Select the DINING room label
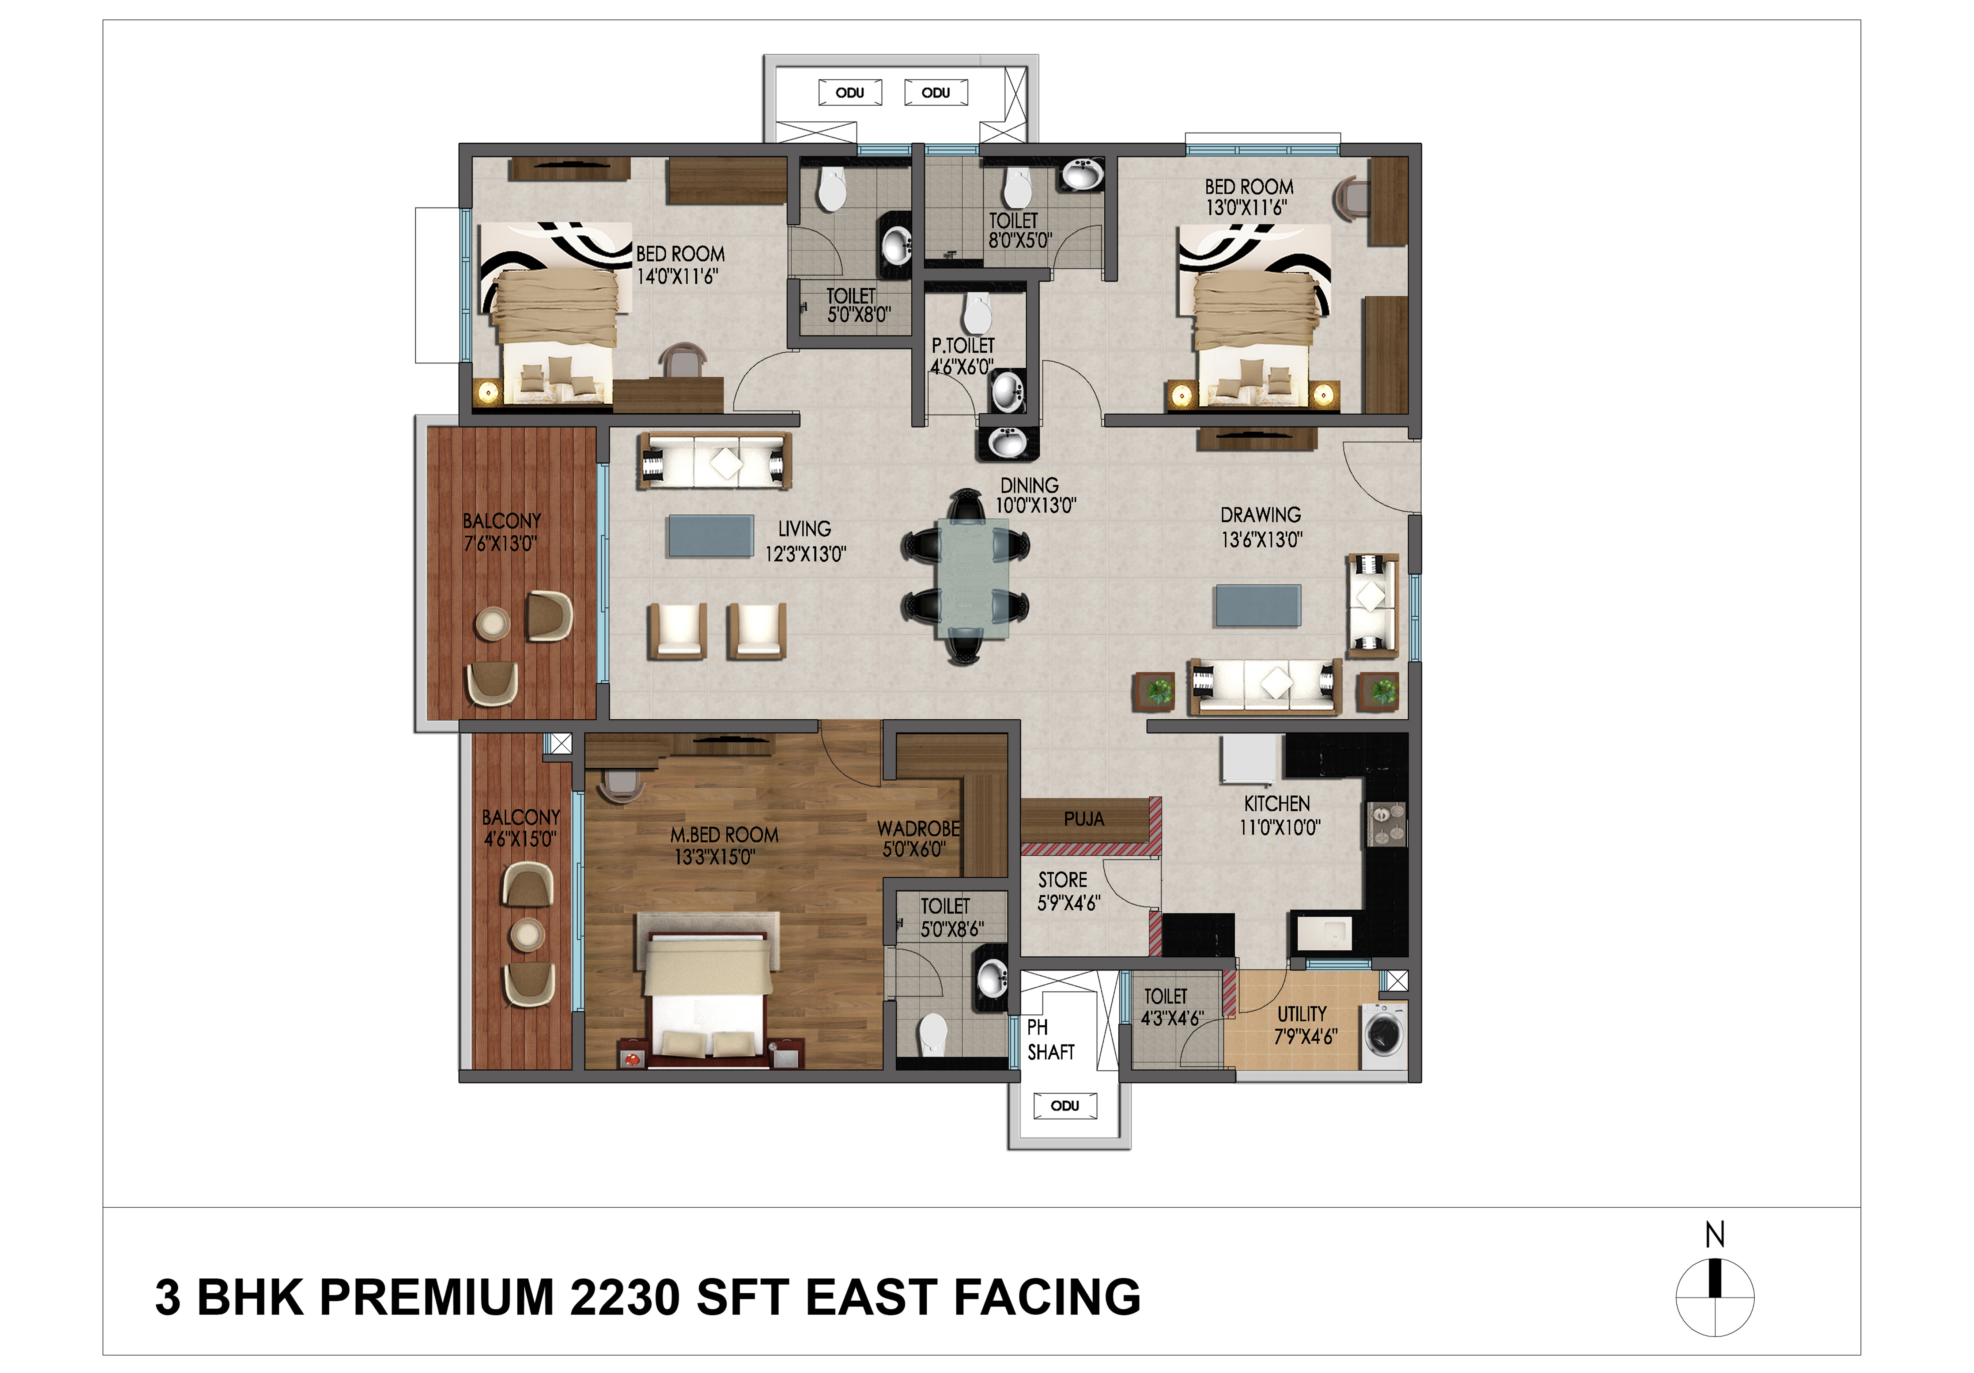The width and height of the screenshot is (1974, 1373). tap(1029, 485)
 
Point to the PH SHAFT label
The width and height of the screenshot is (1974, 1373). tap(1051, 1039)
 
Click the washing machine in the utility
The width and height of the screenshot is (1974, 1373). tap(1383, 1035)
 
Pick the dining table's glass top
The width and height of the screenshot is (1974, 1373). tap(973, 579)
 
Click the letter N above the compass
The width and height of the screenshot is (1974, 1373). tap(1714, 1234)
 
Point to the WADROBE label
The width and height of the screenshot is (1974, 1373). tap(918, 829)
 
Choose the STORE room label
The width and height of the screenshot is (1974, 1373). tap(1063, 880)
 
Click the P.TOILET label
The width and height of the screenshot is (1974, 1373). tap(963, 345)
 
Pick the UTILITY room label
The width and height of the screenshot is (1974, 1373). tap(1302, 1014)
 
